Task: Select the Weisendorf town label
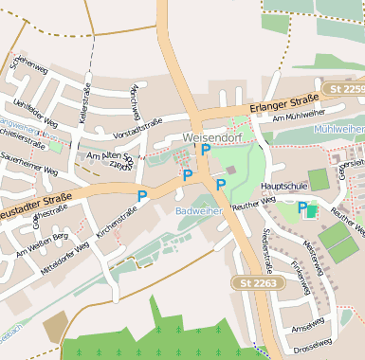212,139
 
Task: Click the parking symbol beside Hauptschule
303,207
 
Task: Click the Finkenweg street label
300,279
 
